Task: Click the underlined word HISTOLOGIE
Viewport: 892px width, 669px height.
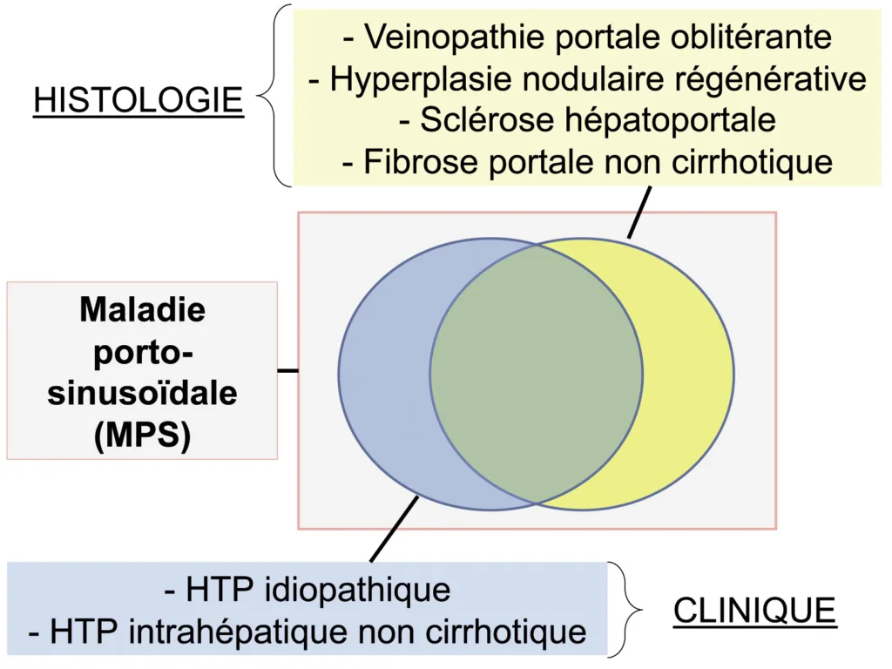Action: pyautogui.click(x=138, y=100)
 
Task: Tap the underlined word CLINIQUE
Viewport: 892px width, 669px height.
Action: pyautogui.click(x=754, y=611)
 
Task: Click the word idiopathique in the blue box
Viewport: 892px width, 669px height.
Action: pyautogui.click(x=352, y=590)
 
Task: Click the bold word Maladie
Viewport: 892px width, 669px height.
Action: pyautogui.click(x=142, y=309)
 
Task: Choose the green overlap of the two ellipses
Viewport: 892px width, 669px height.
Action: pyautogui.click(x=536, y=375)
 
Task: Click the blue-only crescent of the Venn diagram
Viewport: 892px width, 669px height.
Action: pyautogui.click(x=383, y=375)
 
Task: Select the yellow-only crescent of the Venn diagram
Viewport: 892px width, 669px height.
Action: pyautogui.click(x=688, y=375)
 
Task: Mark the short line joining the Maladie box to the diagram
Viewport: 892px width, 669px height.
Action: pyautogui.click(x=287, y=370)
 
